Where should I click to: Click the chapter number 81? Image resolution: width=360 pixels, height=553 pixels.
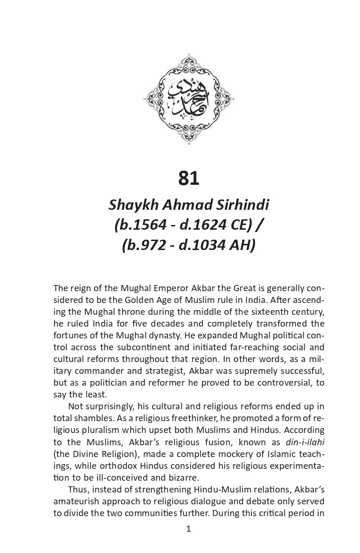tap(189, 178)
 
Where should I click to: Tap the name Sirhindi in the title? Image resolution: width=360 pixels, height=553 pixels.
tap(241, 205)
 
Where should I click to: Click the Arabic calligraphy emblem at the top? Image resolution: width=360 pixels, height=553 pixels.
tap(189, 98)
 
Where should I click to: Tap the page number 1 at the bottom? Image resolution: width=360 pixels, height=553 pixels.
tap(189, 529)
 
